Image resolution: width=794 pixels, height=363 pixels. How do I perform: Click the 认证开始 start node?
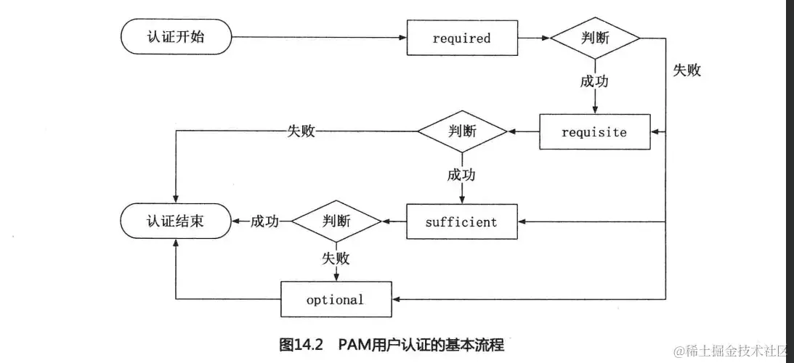pos(175,37)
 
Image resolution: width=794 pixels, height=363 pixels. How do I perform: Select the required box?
pos(461,38)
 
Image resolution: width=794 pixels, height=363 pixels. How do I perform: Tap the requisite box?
pos(594,132)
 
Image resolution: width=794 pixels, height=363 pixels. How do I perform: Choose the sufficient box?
pos(461,221)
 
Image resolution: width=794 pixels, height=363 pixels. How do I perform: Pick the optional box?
pos(335,299)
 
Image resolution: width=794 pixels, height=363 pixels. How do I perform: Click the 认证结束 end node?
pos(175,221)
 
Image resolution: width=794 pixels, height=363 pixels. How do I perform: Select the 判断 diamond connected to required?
pos(595,38)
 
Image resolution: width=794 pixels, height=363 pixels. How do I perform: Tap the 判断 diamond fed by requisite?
pos(462,131)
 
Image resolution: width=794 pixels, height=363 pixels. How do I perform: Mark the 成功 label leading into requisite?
pos(594,81)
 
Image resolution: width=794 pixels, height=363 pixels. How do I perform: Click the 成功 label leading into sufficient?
pos(462,175)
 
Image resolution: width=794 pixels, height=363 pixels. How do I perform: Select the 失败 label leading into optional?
pos(336,258)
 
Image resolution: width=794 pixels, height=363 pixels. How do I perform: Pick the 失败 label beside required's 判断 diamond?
pos(687,70)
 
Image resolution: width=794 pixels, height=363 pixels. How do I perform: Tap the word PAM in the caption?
pos(354,345)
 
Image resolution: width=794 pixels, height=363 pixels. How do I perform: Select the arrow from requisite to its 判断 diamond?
pos(523,131)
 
